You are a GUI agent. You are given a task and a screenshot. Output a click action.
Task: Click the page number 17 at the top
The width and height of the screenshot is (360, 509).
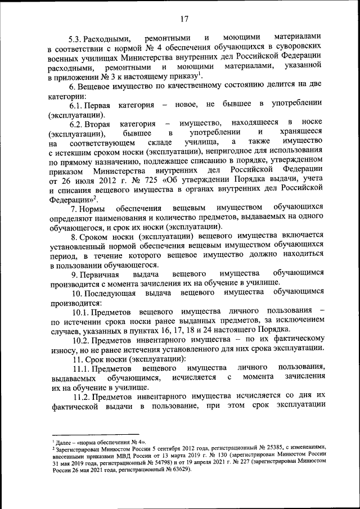184,20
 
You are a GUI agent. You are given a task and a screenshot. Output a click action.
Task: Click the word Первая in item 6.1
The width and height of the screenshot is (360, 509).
90,105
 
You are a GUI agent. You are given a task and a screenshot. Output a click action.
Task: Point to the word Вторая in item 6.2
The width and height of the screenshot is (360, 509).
90,123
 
